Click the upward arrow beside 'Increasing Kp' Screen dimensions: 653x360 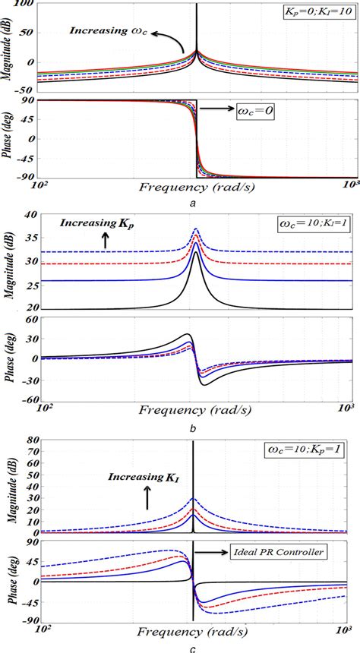(104, 241)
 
